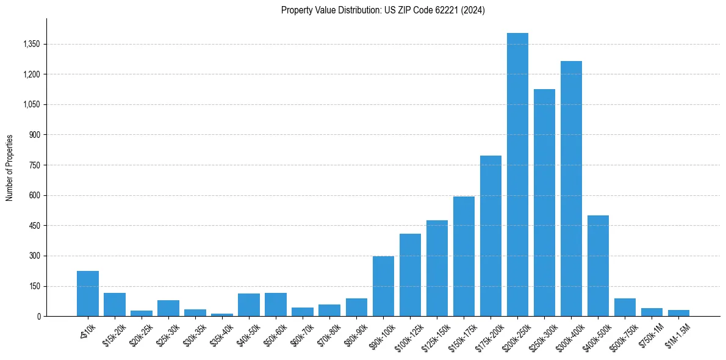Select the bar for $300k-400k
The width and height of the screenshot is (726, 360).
click(571, 189)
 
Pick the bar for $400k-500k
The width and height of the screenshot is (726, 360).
click(598, 265)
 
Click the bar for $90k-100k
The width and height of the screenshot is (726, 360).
click(383, 286)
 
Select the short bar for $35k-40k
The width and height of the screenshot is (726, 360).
click(222, 314)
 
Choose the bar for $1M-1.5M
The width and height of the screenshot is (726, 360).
click(678, 313)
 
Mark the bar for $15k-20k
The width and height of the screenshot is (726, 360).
click(115, 304)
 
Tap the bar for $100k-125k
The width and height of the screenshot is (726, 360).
click(410, 275)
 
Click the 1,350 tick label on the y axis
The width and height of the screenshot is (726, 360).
click(31, 44)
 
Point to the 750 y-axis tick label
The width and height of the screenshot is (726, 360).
click(34, 165)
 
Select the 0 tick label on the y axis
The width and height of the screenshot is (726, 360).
click(38, 317)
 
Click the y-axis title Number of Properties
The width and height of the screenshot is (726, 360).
click(9, 168)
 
